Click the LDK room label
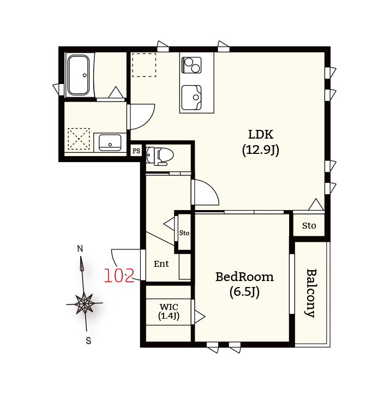(261, 135)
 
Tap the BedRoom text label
(244, 277)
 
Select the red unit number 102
(119, 276)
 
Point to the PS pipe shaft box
(136, 151)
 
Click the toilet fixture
(160, 156)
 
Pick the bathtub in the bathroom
(79, 75)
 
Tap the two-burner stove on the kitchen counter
(191, 65)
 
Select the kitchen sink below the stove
(191, 98)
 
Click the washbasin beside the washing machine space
(110, 143)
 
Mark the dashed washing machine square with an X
(79, 139)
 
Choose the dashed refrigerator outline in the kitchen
(144, 65)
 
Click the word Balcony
(311, 293)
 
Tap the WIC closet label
(169, 307)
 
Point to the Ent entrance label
(161, 264)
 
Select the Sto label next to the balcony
(309, 225)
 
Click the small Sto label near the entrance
(184, 233)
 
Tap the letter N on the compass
(80, 249)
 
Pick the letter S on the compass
(88, 341)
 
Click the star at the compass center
(85, 303)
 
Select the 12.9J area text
(261, 150)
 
